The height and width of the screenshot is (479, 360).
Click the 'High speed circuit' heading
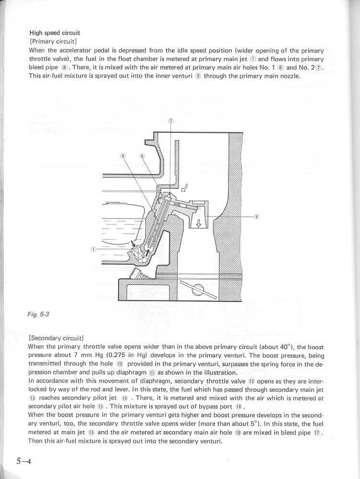point(55,33)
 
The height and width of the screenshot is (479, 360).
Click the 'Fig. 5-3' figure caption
point(38,315)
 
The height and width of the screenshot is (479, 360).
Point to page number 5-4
point(24,462)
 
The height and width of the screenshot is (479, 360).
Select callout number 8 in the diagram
point(123,156)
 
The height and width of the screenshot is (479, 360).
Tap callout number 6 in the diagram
point(142,156)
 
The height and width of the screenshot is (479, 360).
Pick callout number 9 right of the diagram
point(257,216)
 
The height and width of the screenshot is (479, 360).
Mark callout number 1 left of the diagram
point(93,248)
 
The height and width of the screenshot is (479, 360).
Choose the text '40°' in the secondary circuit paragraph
point(285,346)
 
